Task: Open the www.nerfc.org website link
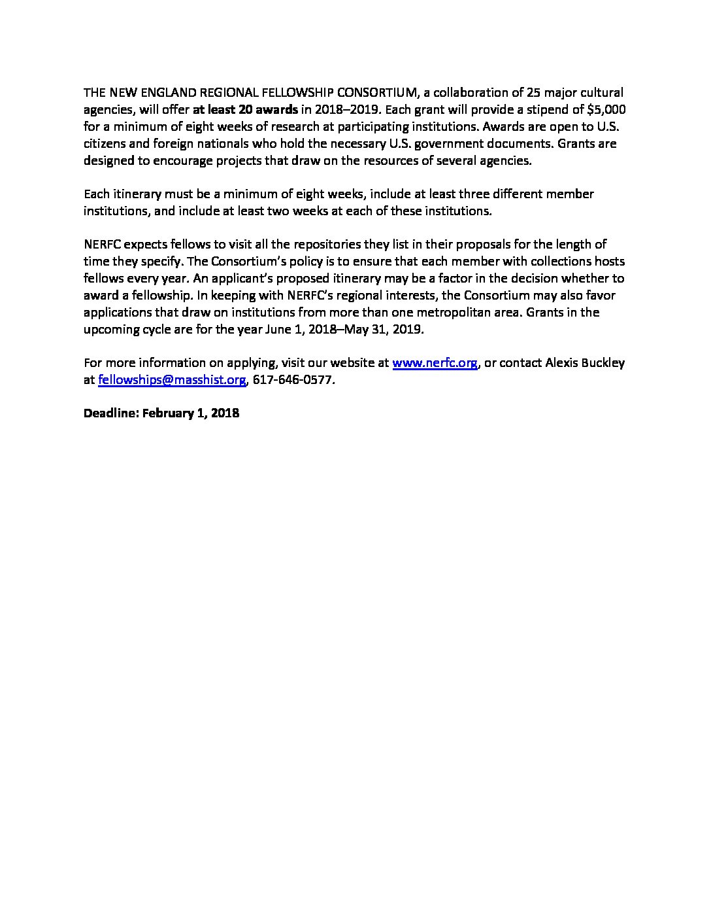435,362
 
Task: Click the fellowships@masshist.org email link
172,379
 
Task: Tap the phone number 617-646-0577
292,379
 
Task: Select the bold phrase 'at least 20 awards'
245,109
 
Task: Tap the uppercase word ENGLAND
165,92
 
